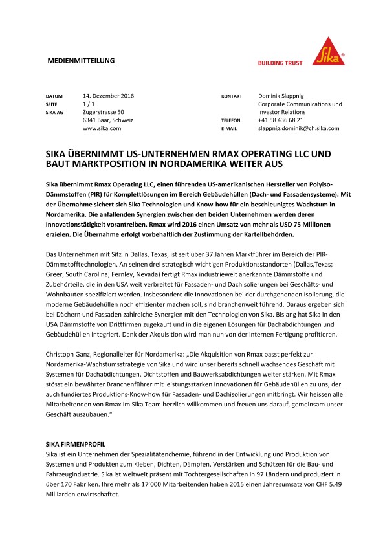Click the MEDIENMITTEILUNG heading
pos(82,60)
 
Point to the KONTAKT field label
pos(232,96)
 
